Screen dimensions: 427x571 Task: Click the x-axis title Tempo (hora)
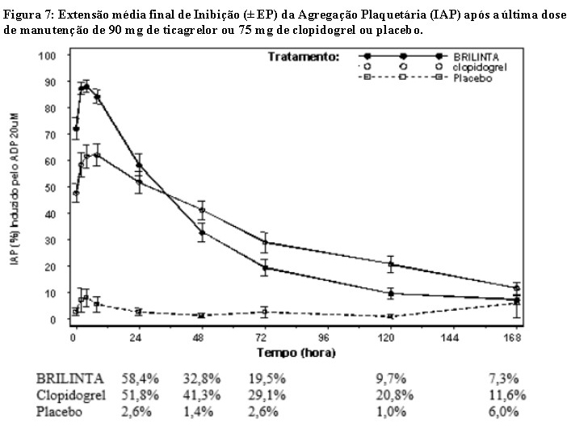coord(296,353)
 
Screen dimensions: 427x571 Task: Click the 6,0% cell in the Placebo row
coord(509,412)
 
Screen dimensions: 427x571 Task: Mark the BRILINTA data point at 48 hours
coord(201,232)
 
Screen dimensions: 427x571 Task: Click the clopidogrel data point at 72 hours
coord(264,242)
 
